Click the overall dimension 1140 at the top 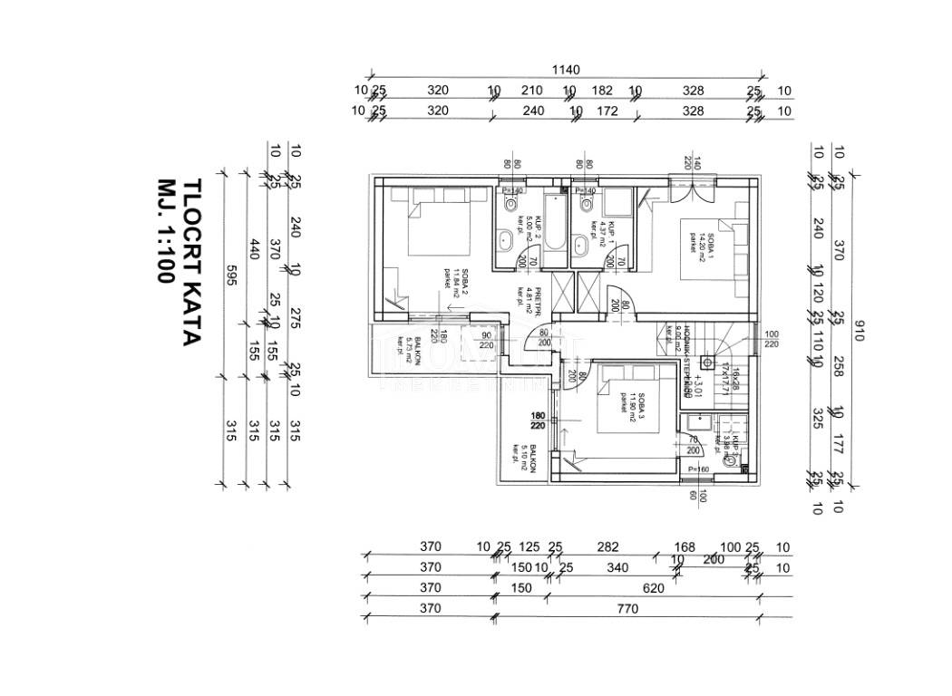pos(565,70)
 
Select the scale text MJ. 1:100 pos(164,230)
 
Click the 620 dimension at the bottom pos(653,588)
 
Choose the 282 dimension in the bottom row pos(608,546)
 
